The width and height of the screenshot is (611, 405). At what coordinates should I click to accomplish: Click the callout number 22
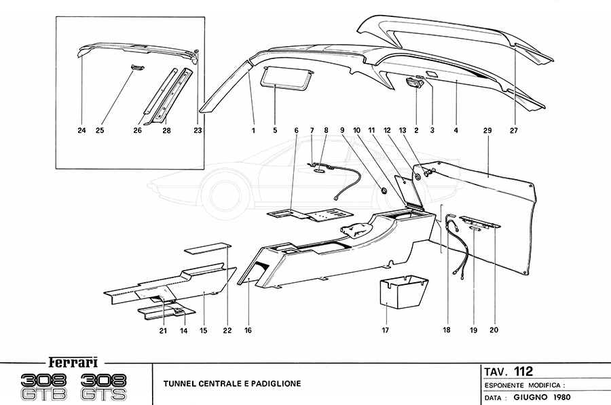pyautogui.click(x=227, y=330)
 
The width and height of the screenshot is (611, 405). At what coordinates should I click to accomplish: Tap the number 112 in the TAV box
pyautogui.click(x=523, y=371)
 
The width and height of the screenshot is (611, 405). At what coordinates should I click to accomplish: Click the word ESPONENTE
pyautogui.click(x=508, y=384)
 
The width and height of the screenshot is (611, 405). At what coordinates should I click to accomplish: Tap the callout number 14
pyautogui.click(x=183, y=330)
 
